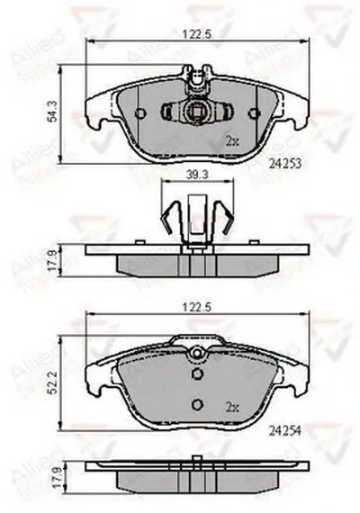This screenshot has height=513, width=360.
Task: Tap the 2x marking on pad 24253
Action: [231, 141]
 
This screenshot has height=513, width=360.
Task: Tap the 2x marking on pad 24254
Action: [231, 408]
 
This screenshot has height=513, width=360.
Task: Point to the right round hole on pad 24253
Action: [253, 113]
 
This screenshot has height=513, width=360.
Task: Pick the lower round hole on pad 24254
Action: [197, 403]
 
